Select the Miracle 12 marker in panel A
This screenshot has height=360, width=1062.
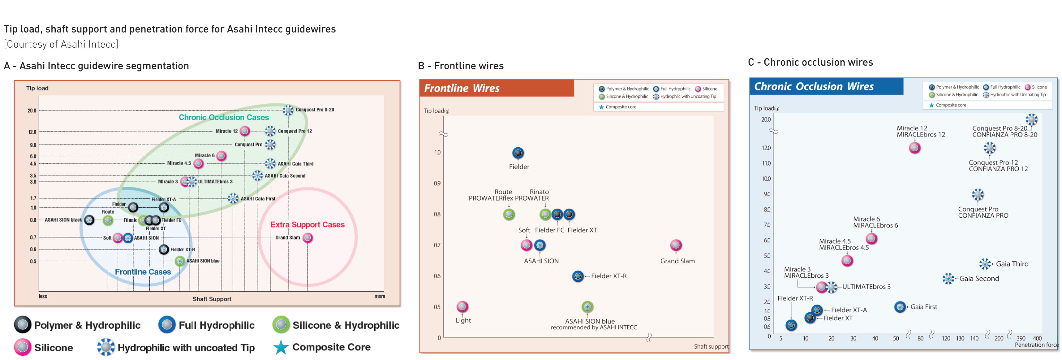click(245, 131)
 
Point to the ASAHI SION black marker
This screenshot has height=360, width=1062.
click(89, 220)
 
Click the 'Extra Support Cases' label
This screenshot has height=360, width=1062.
click(307, 225)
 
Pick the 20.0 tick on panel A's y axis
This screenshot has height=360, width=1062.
click(32, 111)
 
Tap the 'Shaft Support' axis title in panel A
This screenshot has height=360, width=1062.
click(212, 299)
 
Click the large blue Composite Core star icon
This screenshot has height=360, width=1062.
click(281, 347)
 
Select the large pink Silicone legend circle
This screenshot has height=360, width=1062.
click(22, 347)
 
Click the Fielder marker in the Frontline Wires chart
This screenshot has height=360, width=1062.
click(518, 153)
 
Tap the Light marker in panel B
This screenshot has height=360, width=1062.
click(462, 306)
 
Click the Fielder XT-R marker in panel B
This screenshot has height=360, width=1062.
click(578, 276)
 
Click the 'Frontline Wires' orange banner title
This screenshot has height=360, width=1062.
click(462, 88)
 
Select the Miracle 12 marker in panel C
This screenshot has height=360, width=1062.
click(914, 148)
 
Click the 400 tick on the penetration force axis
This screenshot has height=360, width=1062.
click(1037, 338)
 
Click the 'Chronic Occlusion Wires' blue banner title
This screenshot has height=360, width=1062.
click(814, 87)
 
